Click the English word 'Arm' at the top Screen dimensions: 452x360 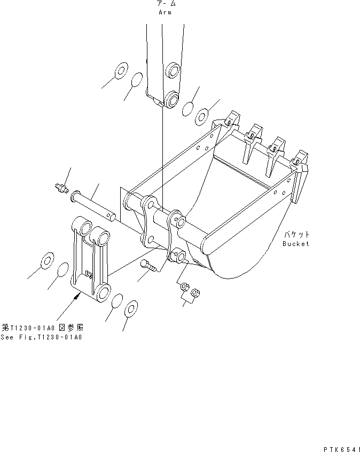click(165, 12)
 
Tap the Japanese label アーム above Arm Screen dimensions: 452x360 click(165, 4)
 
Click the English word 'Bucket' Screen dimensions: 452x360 click(296, 244)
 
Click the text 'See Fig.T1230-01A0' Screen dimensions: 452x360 click(42, 337)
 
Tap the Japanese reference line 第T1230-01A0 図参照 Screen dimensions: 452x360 click(42, 327)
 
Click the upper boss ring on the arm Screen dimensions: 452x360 click(172, 69)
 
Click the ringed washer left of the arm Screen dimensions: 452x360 click(120, 70)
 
